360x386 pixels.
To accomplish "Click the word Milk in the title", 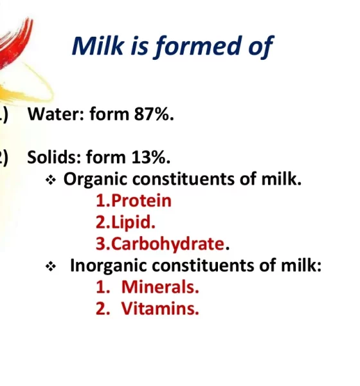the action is point(98,46).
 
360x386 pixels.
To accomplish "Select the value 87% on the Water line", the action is point(154,115).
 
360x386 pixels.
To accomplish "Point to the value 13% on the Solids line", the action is point(150,157).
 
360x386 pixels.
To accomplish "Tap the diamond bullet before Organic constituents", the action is point(51,180).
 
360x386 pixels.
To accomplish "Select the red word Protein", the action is point(141,200).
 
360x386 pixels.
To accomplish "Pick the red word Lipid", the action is point(133,223).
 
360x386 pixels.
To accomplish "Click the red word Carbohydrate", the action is point(168,244).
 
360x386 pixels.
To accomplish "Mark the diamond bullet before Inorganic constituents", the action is point(51,266).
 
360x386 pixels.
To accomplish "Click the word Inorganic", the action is point(109,266).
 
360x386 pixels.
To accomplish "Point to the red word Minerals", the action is point(160,287).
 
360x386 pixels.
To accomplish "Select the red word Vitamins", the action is point(160,308).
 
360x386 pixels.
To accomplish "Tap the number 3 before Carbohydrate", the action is point(101,244).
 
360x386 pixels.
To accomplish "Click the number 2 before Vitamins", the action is point(101,308).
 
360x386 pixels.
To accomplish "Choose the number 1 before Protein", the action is point(101,201).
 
